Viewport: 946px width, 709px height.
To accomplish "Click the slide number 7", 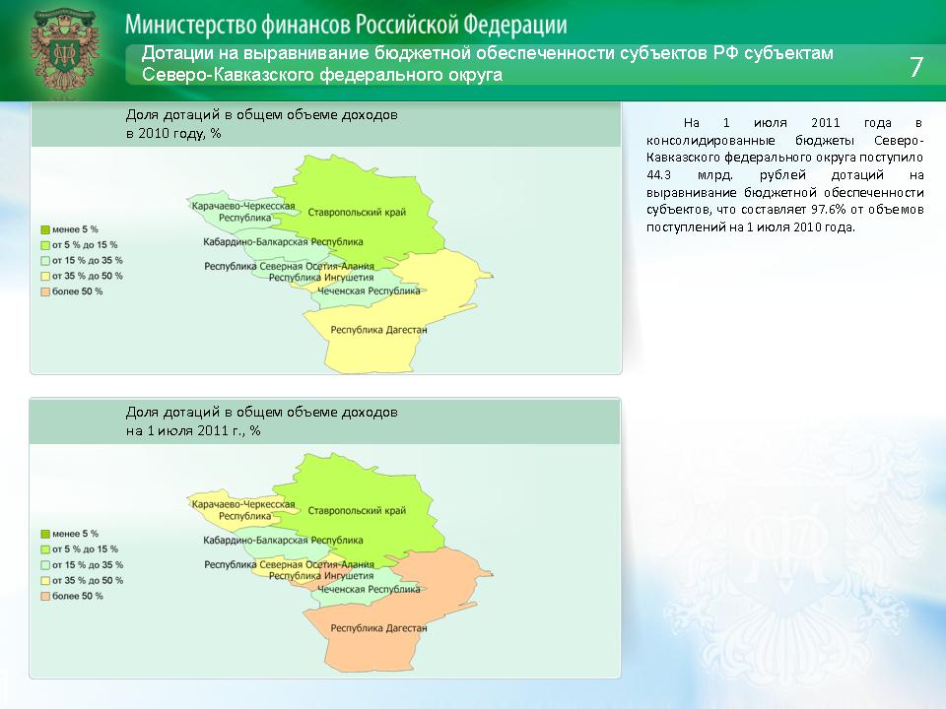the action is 915,66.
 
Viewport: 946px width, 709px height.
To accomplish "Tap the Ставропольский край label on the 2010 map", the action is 357,213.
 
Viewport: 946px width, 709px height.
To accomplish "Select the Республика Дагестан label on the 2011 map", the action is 378,628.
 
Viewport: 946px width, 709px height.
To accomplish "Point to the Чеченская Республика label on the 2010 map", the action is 369,291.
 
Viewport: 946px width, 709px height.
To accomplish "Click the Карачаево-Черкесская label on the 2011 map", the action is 243,504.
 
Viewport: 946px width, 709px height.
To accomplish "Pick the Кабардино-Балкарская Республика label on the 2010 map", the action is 283,242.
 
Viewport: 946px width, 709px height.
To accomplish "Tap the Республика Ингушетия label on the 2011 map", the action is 321,576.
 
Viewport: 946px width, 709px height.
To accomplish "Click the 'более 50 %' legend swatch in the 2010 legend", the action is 45,291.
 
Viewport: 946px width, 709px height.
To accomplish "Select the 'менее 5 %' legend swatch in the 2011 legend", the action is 45,534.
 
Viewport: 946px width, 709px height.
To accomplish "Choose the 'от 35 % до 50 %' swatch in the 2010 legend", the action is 45,276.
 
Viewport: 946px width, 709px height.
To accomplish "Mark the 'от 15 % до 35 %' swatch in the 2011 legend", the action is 45,565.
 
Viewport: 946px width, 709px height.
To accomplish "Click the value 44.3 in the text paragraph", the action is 658,175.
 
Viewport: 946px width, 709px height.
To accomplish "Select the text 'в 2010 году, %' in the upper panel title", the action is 173,134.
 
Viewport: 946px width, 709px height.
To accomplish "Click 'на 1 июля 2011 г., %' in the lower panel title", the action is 193,431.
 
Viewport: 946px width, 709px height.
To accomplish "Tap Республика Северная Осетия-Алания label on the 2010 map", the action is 289,266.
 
